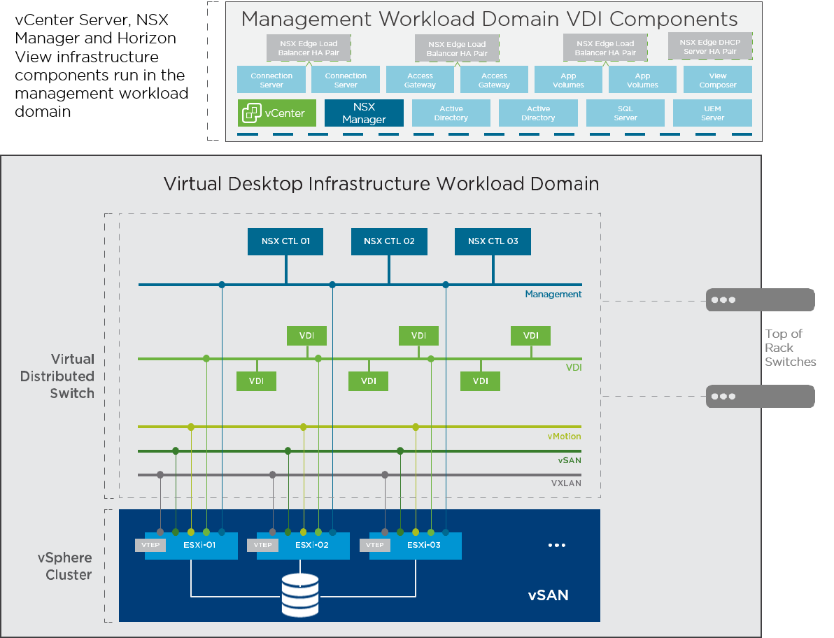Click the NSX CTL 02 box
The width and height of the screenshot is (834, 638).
click(389, 241)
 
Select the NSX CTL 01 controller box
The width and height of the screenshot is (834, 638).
click(285, 241)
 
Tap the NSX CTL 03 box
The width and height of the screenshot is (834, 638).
click(493, 241)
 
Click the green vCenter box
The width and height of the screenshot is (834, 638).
click(276, 113)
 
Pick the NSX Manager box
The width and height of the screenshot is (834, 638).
click(364, 113)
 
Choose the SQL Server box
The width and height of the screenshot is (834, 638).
click(625, 113)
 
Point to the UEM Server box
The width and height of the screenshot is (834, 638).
click(712, 113)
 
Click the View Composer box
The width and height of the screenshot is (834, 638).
click(717, 80)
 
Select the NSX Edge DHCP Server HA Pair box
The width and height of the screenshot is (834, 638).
click(709, 47)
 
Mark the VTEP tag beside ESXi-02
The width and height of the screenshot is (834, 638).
click(262, 546)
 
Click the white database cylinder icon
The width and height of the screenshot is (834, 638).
click(299, 595)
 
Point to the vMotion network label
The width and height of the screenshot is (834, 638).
click(564, 437)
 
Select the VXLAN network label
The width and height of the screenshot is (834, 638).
click(566, 483)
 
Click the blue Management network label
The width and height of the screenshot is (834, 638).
click(553, 295)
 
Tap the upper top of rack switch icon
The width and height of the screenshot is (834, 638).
click(760, 300)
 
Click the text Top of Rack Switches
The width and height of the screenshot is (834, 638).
click(790, 348)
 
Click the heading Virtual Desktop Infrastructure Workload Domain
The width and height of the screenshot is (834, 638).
click(381, 184)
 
